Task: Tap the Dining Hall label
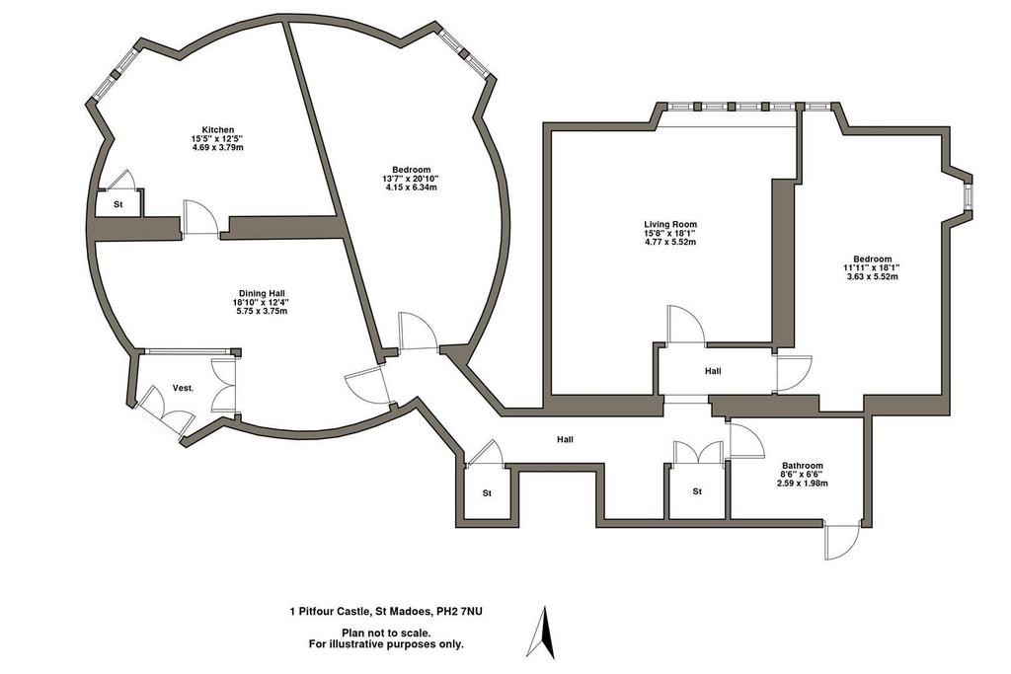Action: [262, 294]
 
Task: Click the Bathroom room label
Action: [802, 465]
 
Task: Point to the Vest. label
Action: [183, 388]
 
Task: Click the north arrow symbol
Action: [542, 632]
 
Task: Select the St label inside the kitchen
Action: [118, 205]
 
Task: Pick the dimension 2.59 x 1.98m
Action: [802, 484]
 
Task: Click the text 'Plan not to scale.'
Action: [386, 634]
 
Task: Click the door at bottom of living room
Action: [686, 324]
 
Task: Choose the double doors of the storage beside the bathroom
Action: [697, 452]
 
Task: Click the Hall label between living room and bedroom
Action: [713, 371]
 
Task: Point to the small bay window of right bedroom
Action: [968, 196]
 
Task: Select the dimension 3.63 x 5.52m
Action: [873, 277]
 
